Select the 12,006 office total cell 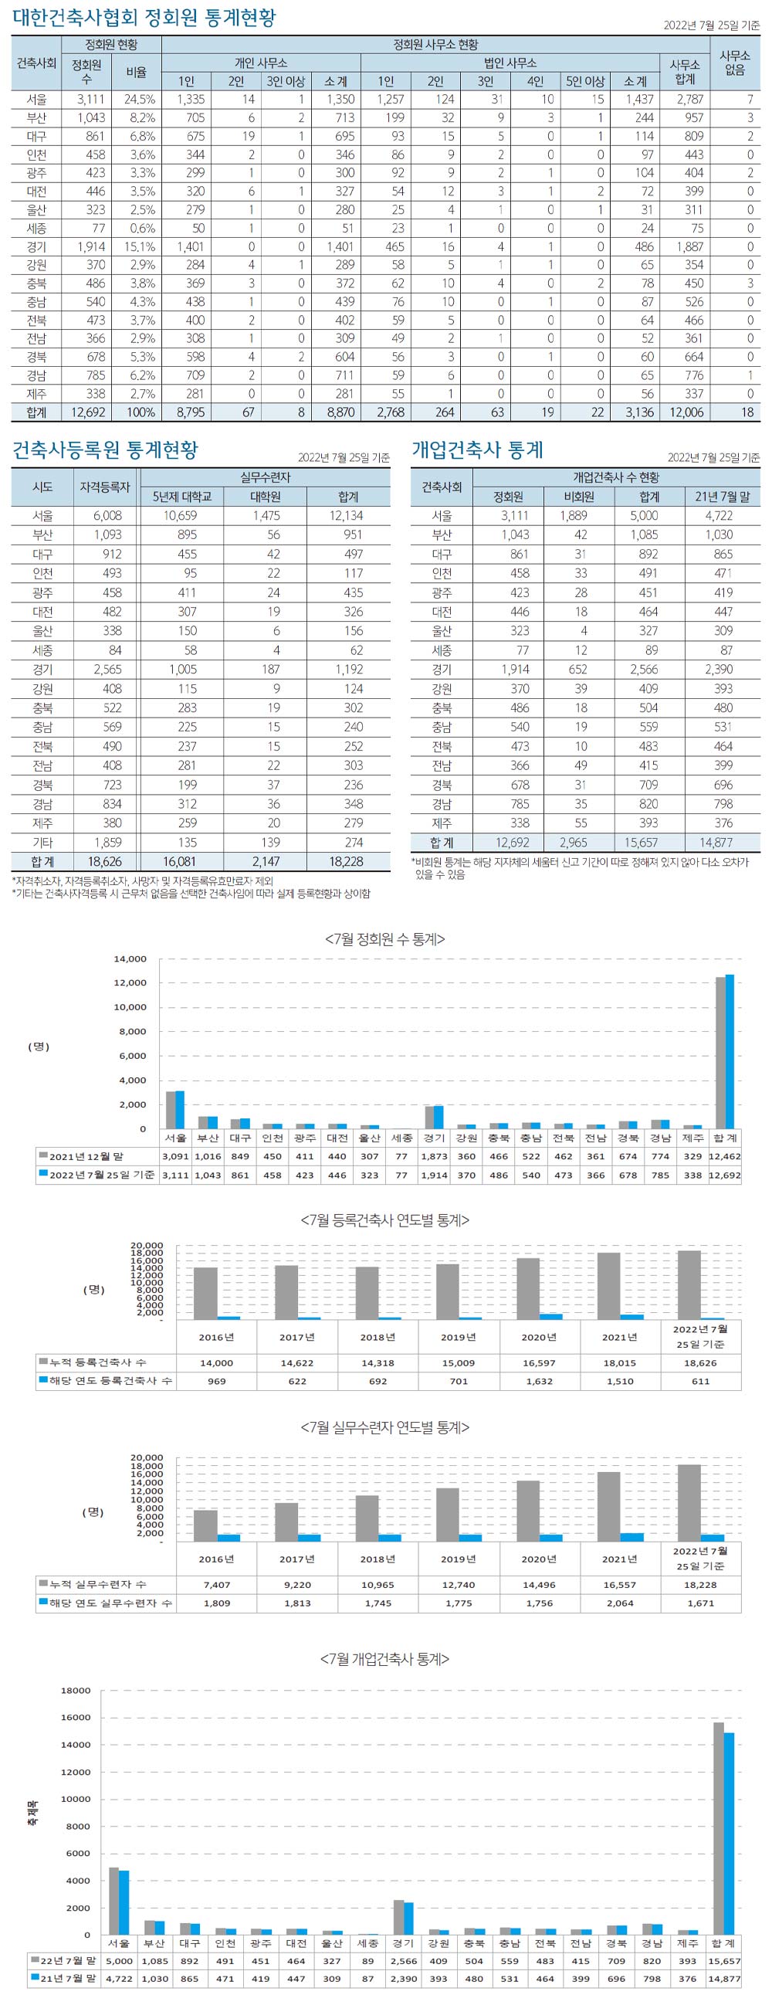tap(686, 412)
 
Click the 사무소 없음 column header tap(735, 63)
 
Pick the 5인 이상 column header tap(585, 81)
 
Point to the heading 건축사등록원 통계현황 tap(105, 450)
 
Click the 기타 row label tap(42, 842)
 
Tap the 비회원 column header tap(580, 497)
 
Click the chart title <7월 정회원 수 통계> tap(385, 938)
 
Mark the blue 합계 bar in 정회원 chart tap(730, 1050)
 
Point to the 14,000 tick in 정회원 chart tap(130, 959)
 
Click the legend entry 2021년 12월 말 tap(86, 1157)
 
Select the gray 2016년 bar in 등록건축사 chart tap(205, 1293)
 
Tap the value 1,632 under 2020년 tap(540, 1381)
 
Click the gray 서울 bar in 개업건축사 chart tap(113, 1901)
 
